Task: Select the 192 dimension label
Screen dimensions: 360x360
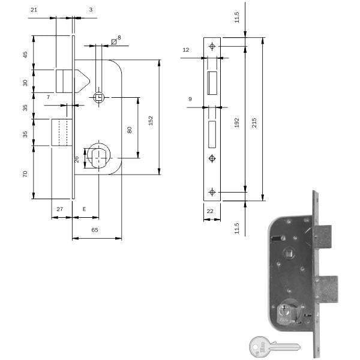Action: click(238, 122)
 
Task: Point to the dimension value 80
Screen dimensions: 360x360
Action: click(129, 129)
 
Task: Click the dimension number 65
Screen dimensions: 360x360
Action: click(95, 230)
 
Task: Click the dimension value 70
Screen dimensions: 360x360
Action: click(26, 174)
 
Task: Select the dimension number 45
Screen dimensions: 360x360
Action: click(26, 55)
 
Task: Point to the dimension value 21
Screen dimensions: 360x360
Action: click(34, 10)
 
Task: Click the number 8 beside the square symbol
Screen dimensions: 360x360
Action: click(119, 38)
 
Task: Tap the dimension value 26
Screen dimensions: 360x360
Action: click(76, 159)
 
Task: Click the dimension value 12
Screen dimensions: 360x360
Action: click(186, 50)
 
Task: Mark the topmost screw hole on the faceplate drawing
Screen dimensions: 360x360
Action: click(212, 46)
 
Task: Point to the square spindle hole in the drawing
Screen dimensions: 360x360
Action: click(100, 96)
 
